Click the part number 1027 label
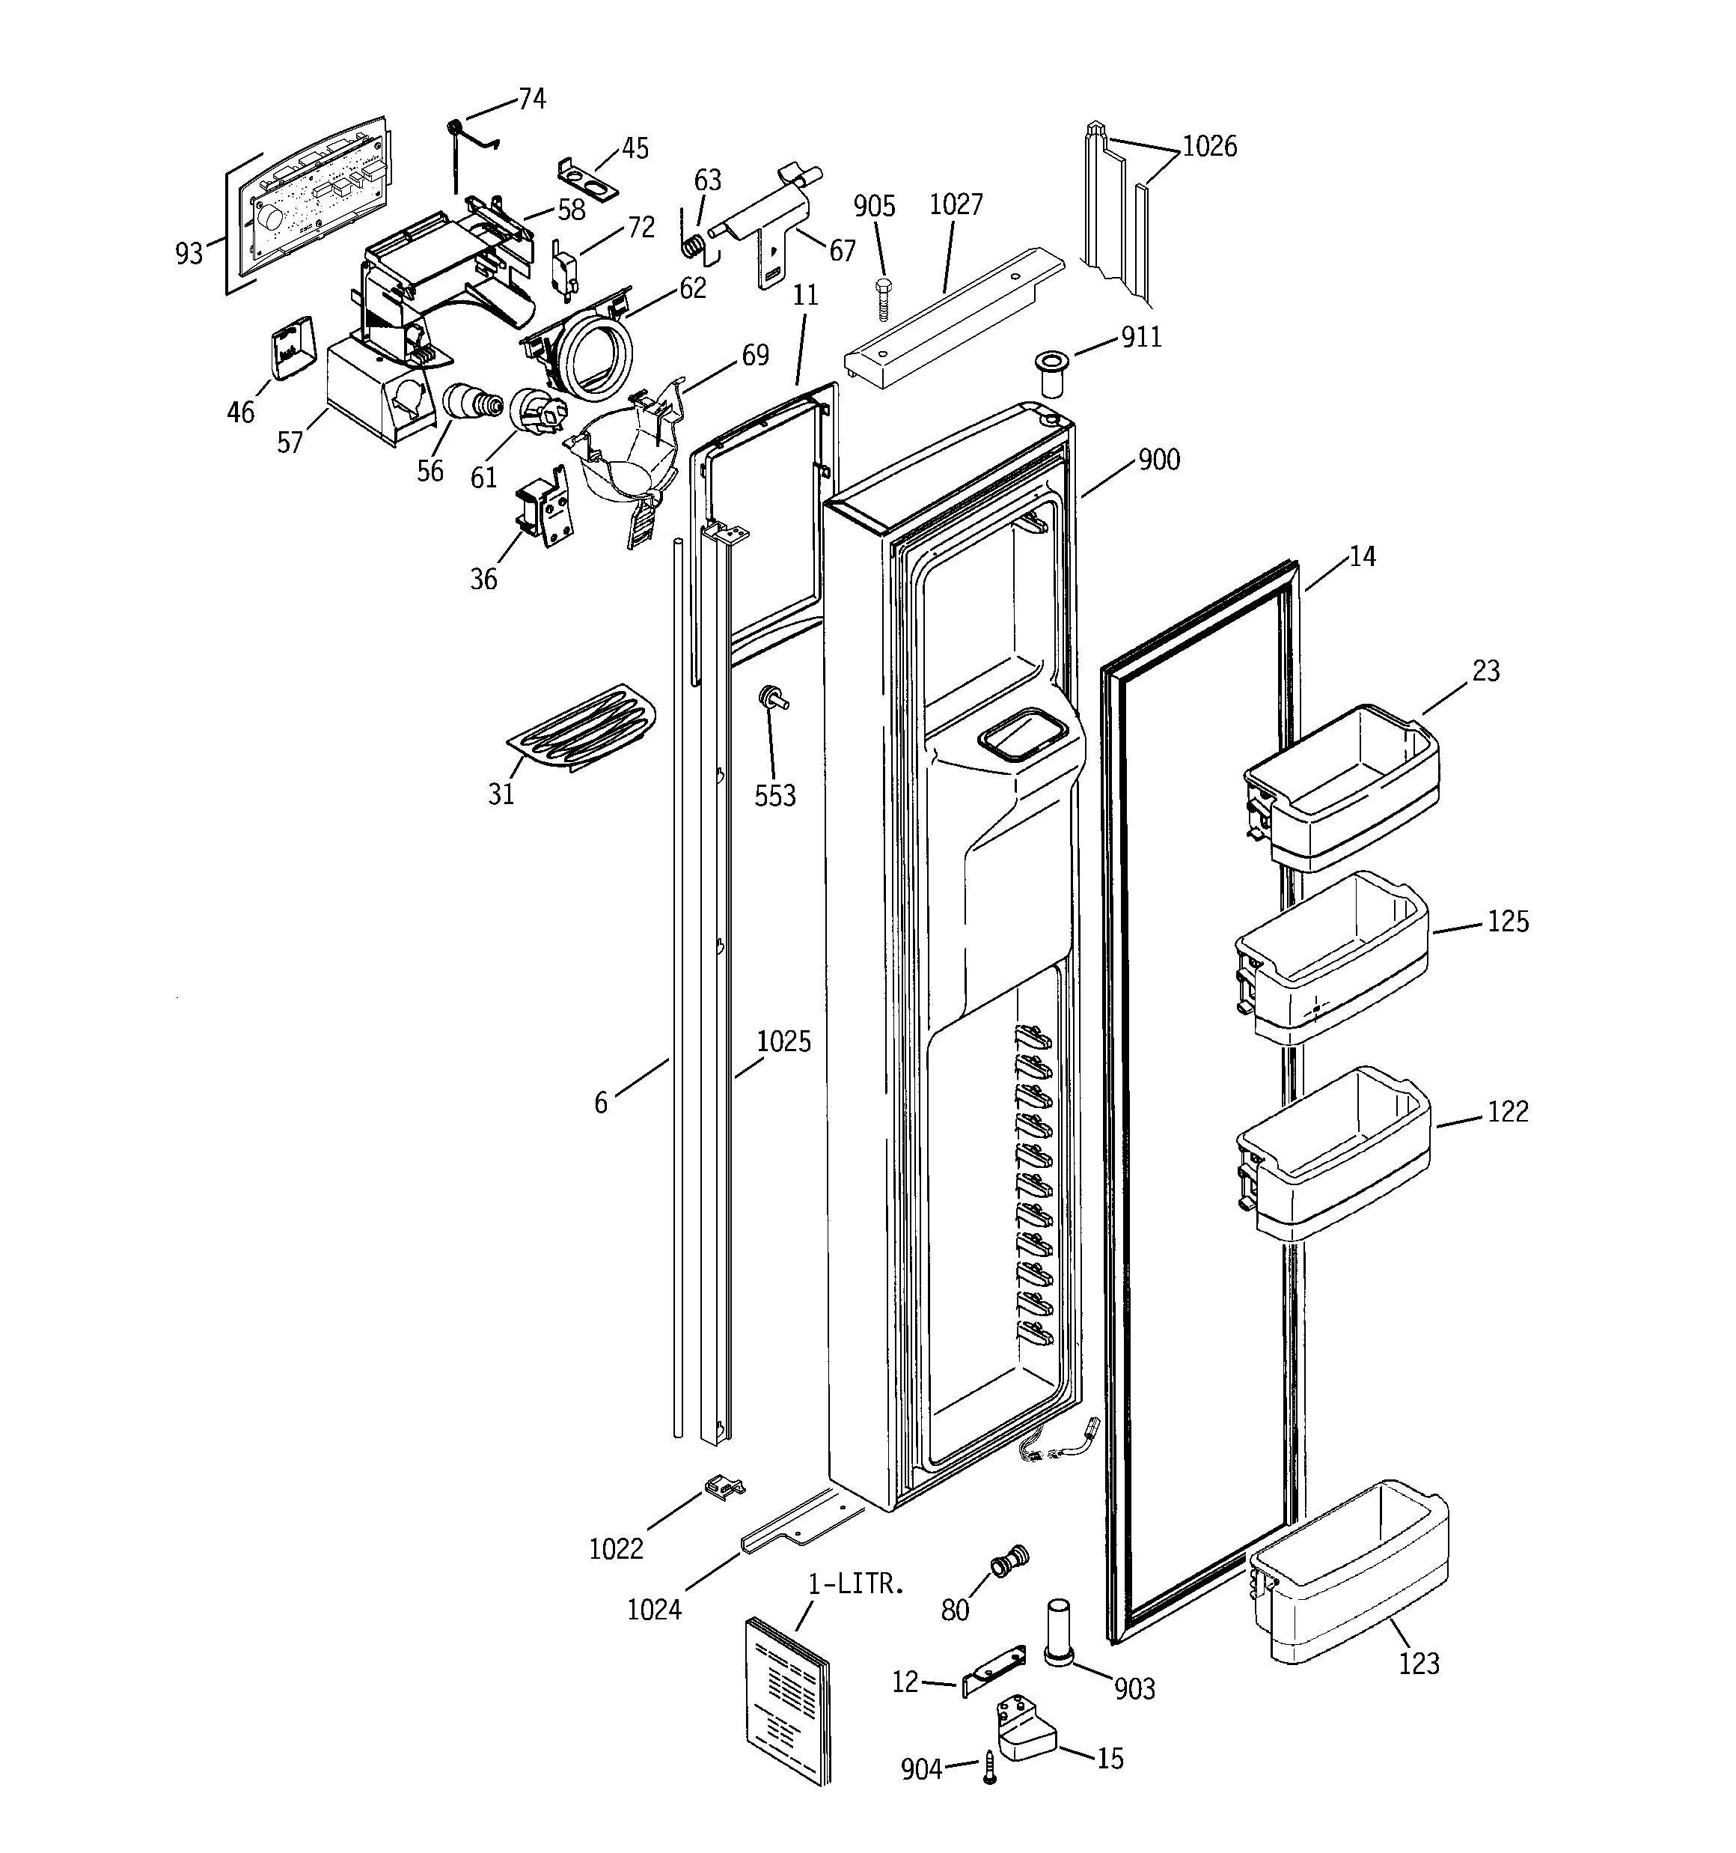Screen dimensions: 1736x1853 [956, 204]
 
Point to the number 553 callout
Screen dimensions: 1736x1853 [775, 795]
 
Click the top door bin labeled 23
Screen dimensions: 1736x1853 [1342, 788]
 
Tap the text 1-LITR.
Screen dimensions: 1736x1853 [856, 1583]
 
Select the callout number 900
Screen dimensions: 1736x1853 [1158, 460]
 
